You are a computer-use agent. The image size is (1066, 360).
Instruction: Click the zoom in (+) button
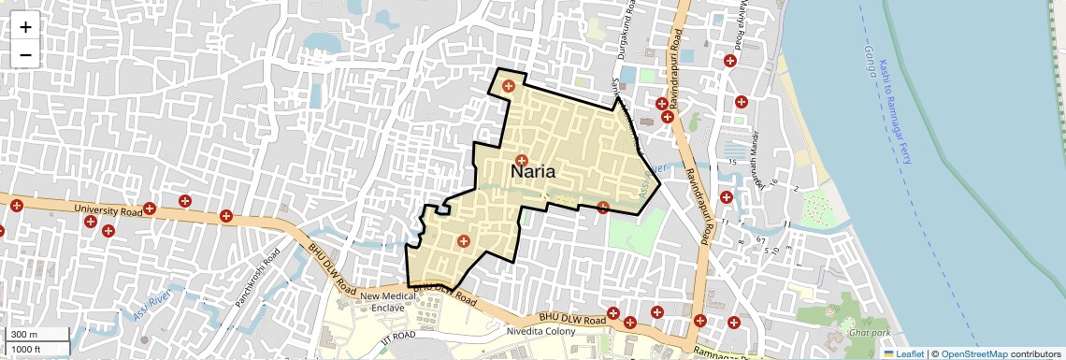pos(25,27)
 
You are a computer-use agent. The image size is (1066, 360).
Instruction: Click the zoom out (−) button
pos(25,54)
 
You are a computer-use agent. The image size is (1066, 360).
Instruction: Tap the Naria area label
pos(534,172)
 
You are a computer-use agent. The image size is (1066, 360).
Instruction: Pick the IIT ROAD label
pos(397,335)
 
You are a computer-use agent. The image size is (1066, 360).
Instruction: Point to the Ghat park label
pos(868,332)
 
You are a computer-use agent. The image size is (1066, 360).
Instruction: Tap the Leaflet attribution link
pos(903,353)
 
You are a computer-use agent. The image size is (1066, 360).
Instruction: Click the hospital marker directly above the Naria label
pos(521,160)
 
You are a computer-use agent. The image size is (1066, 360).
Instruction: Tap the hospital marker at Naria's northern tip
pos(508,86)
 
